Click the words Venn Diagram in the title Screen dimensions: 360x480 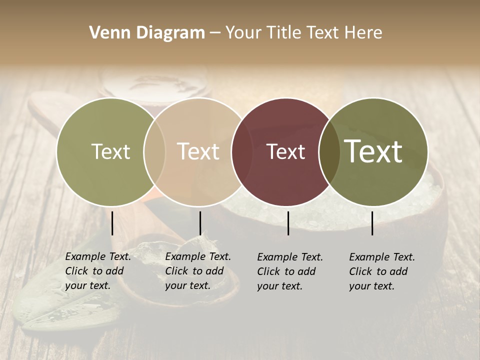[x=147, y=33]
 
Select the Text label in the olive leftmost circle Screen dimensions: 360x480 [x=110, y=151]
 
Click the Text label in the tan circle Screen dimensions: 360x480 [x=198, y=151]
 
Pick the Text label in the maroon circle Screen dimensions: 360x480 [x=285, y=151]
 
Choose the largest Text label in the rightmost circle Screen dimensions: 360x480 [x=373, y=151]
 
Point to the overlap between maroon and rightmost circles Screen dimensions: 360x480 [x=329, y=152]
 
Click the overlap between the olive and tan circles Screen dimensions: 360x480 [x=154, y=152]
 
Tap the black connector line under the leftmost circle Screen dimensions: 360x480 [x=112, y=223]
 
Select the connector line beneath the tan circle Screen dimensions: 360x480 [x=200, y=223]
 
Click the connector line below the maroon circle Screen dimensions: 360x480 [x=288, y=223]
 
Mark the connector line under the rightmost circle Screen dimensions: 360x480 [x=372, y=223]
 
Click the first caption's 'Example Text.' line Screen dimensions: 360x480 [x=98, y=256]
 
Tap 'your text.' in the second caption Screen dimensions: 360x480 [x=187, y=286]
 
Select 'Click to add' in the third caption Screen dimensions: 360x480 [x=286, y=271]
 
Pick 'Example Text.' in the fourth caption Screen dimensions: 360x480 [x=382, y=257]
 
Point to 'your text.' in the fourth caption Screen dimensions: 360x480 [x=371, y=286]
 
